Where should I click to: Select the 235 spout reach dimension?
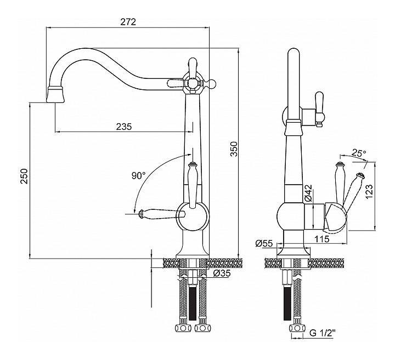click(x=124, y=126)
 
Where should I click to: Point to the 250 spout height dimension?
click(x=24, y=176)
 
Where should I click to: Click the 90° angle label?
click(x=138, y=176)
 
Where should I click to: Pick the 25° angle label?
click(x=359, y=153)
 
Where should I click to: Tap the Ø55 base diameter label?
click(x=264, y=244)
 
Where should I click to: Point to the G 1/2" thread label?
click(x=323, y=333)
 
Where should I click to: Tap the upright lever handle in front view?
click(x=192, y=184)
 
